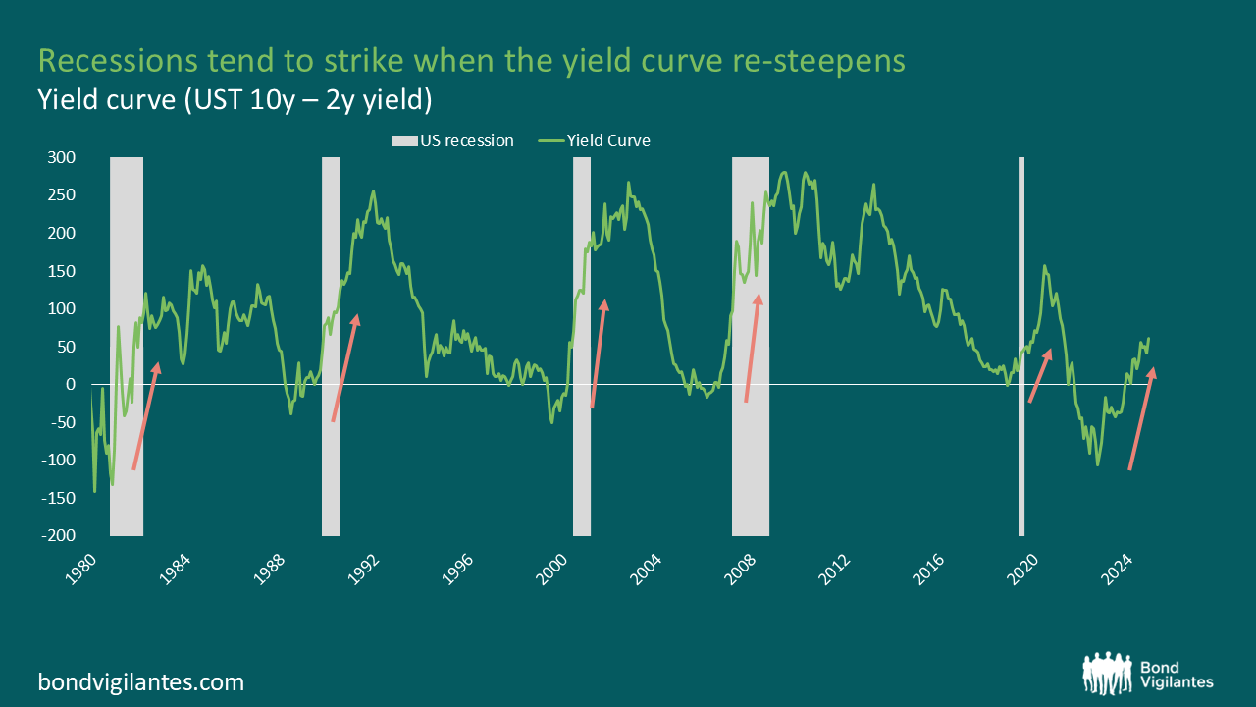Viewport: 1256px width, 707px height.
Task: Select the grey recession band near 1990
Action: (x=331, y=442)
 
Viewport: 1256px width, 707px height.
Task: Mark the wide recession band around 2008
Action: (x=751, y=442)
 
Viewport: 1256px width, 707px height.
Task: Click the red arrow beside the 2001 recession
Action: (x=599, y=353)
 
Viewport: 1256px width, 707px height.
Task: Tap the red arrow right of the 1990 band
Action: (x=344, y=368)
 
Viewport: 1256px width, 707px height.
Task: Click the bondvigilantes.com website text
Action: (x=140, y=681)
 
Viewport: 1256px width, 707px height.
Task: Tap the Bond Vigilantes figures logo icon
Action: (x=1108, y=673)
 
